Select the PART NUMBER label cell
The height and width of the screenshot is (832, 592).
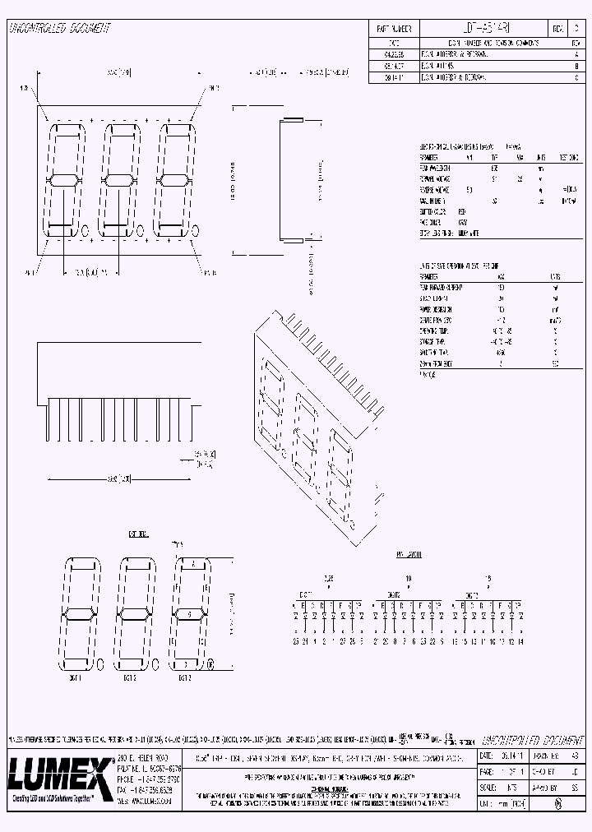coord(393,28)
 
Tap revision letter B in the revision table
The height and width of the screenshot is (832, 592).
coord(576,64)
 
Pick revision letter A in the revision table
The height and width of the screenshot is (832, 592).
coord(576,53)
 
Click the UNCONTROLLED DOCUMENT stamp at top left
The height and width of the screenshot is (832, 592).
coord(59,28)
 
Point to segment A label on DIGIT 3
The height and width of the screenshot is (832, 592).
coord(191,563)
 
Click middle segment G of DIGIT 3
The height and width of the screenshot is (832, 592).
coord(191,613)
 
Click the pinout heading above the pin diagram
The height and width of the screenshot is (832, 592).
coord(409,555)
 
